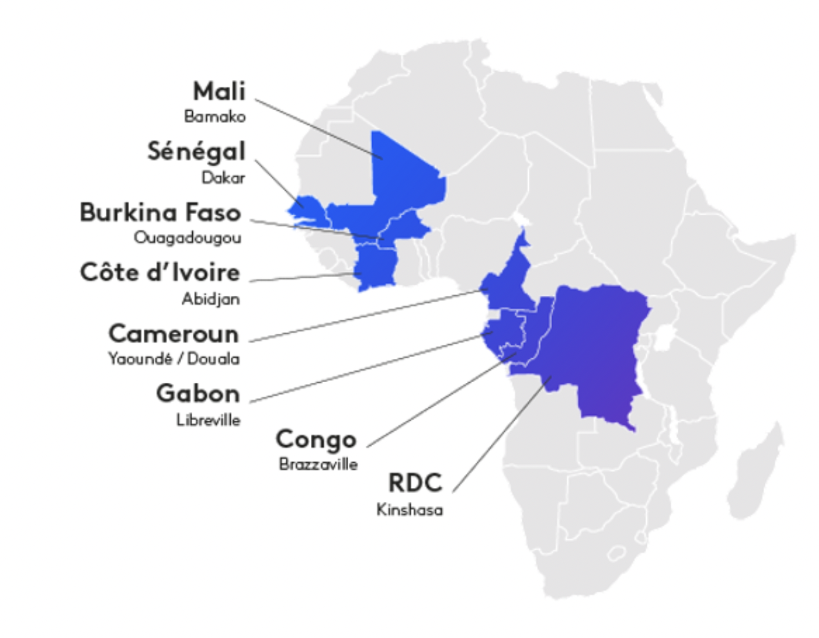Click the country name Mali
219,91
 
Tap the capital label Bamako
215,117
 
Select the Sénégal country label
197,151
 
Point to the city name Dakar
223,177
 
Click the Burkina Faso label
160,212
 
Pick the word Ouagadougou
188,238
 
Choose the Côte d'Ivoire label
160,272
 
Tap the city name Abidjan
211,299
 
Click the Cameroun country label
173,333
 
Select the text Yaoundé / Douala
173,358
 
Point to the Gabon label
198,393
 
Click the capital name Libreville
208,420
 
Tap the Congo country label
316,439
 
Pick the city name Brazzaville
318,464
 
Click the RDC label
415,483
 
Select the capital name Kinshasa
410,510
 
